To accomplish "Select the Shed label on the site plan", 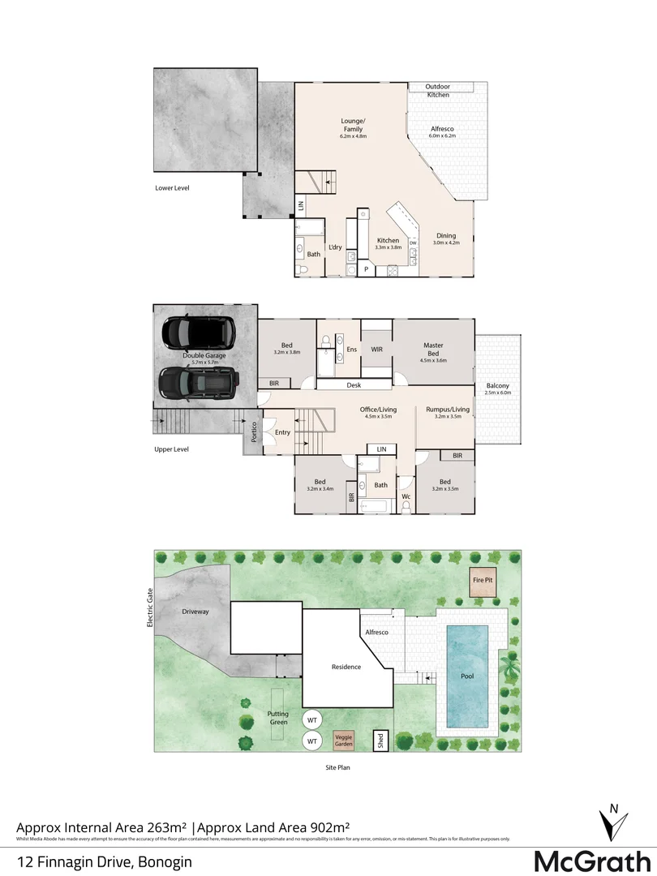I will coord(380,741).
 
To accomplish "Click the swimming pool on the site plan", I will coord(467,676).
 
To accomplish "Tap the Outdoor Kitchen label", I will coord(439,91).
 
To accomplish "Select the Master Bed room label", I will coord(433,350).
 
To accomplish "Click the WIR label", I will coord(376,350).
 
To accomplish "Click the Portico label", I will coord(254,432).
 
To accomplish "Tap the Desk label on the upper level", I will coord(354,385).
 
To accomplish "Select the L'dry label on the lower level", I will coord(334,247).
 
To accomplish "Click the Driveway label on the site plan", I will coord(195,612).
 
